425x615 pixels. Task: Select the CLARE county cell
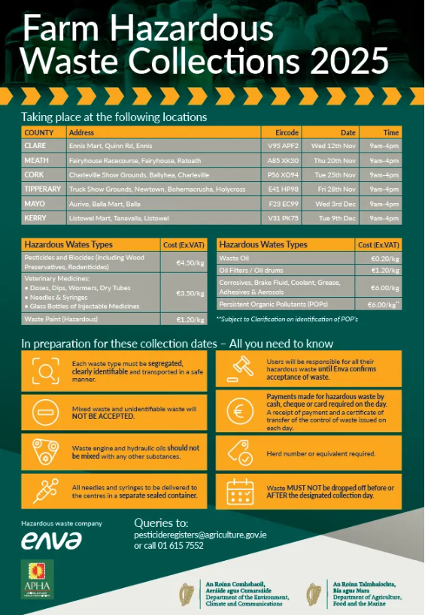(x=35, y=145)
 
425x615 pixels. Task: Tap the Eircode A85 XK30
(x=283, y=160)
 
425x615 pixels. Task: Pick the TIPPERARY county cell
(x=43, y=189)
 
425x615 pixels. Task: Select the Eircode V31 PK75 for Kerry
(x=283, y=219)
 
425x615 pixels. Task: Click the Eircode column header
(x=287, y=132)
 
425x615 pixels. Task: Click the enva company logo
(x=52, y=539)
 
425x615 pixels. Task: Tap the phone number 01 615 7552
(x=184, y=546)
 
